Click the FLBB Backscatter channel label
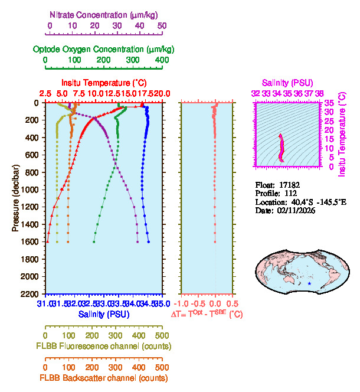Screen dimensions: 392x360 tap(104, 378)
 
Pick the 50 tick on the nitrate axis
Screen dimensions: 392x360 tap(162, 25)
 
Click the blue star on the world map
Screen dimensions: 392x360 tap(309, 284)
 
